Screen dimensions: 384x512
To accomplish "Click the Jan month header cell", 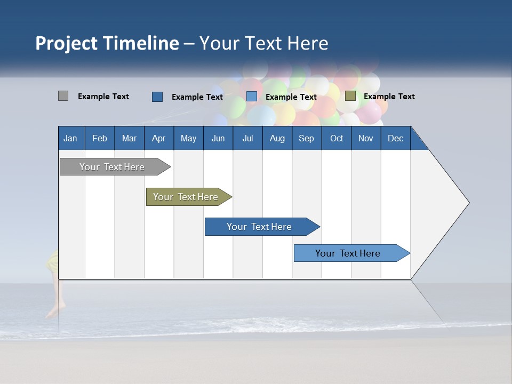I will click(70, 138).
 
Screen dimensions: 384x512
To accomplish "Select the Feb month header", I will click(100, 138).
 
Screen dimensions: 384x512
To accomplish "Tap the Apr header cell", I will click(158, 138).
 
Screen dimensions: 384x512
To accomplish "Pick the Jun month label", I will click(218, 138).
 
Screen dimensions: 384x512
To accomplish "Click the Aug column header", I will click(277, 138).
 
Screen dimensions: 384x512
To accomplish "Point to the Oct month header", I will click(337, 138).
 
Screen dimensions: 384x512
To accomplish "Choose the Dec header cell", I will click(395, 138).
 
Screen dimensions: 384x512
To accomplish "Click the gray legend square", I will click(63, 96).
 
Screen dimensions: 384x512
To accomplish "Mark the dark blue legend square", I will click(157, 97).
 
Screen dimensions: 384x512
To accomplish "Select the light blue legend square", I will click(252, 97).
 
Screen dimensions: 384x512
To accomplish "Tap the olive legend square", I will click(350, 96).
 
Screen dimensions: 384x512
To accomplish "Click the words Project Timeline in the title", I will click(107, 43).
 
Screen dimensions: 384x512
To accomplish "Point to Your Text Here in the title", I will click(263, 43).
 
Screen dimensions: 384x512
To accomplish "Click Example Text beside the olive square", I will click(389, 97).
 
